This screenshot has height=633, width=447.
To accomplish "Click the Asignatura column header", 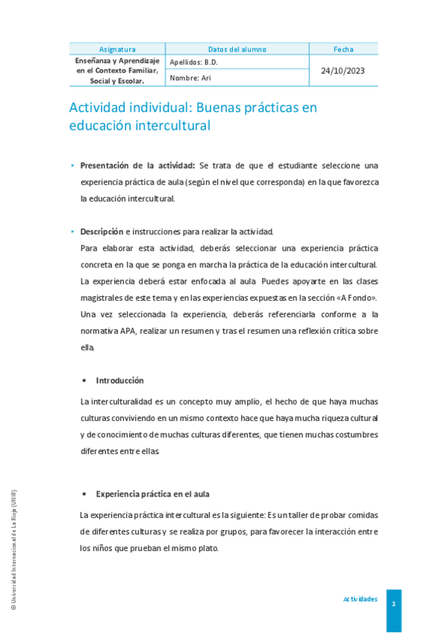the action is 117,49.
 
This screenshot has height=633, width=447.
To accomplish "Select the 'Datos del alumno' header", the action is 237,49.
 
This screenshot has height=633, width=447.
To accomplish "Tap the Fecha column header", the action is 343,49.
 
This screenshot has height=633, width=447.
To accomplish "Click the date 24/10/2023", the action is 343,71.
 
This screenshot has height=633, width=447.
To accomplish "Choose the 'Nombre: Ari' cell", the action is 191,78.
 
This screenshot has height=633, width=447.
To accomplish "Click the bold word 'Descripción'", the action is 101,231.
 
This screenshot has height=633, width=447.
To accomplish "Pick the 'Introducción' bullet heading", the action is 119,381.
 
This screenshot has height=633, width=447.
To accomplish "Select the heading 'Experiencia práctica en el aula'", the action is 152,494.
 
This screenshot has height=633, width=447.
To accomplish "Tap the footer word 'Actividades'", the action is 360,599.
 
